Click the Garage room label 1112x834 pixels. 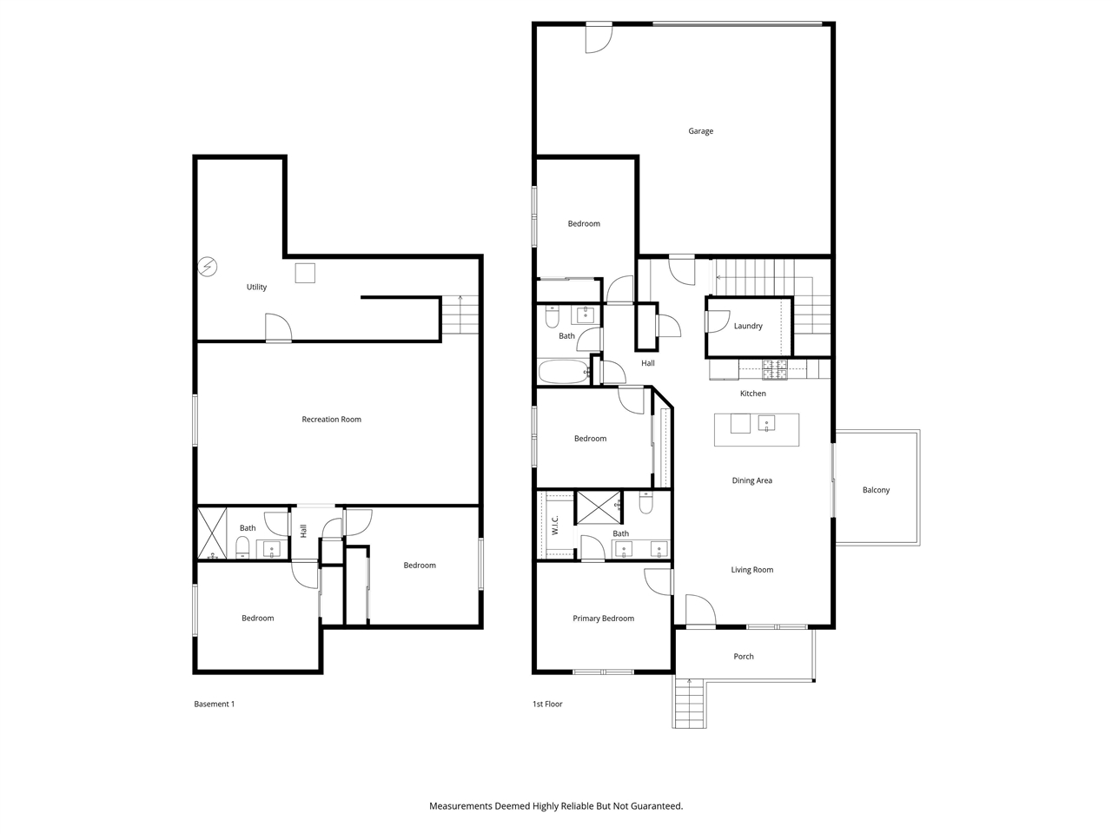pyautogui.click(x=700, y=131)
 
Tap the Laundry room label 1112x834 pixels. pyautogui.click(x=747, y=326)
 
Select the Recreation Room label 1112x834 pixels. pyautogui.click(x=331, y=420)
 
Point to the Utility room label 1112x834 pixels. pyautogui.click(x=256, y=287)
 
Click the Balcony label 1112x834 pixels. pyautogui.click(x=876, y=490)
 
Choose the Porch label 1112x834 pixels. pyautogui.click(x=743, y=657)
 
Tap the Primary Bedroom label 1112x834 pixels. pyautogui.click(x=603, y=619)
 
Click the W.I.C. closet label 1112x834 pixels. pyautogui.click(x=555, y=525)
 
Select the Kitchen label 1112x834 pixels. pyautogui.click(x=752, y=394)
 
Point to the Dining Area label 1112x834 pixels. pyautogui.click(x=751, y=480)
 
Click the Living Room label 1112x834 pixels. pyautogui.click(x=751, y=570)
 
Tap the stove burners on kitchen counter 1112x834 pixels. pyautogui.click(x=774, y=370)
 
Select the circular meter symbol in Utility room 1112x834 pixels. pyautogui.click(x=208, y=267)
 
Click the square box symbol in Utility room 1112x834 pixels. pyautogui.click(x=305, y=273)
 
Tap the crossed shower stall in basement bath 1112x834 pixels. pyautogui.click(x=212, y=533)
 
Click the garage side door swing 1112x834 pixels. pyautogui.click(x=598, y=38)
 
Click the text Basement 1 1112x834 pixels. pyautogui.click(x=214, y=704)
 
